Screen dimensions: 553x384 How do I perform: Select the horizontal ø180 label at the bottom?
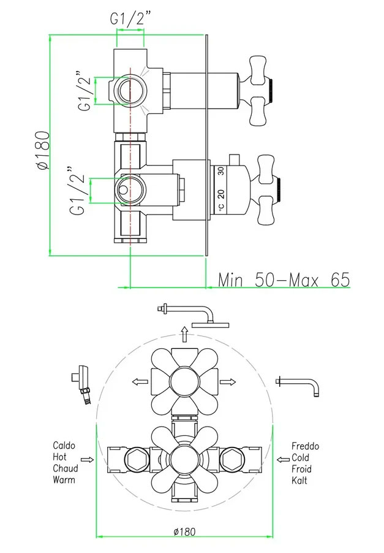[184, 532]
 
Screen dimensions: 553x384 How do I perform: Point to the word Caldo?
[64, 446]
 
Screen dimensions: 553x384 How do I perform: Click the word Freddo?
[306, 446]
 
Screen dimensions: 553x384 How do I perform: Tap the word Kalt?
[300, 481]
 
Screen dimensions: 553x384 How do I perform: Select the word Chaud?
[65, 469]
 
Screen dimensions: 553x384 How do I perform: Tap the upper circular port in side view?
[128, 90]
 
